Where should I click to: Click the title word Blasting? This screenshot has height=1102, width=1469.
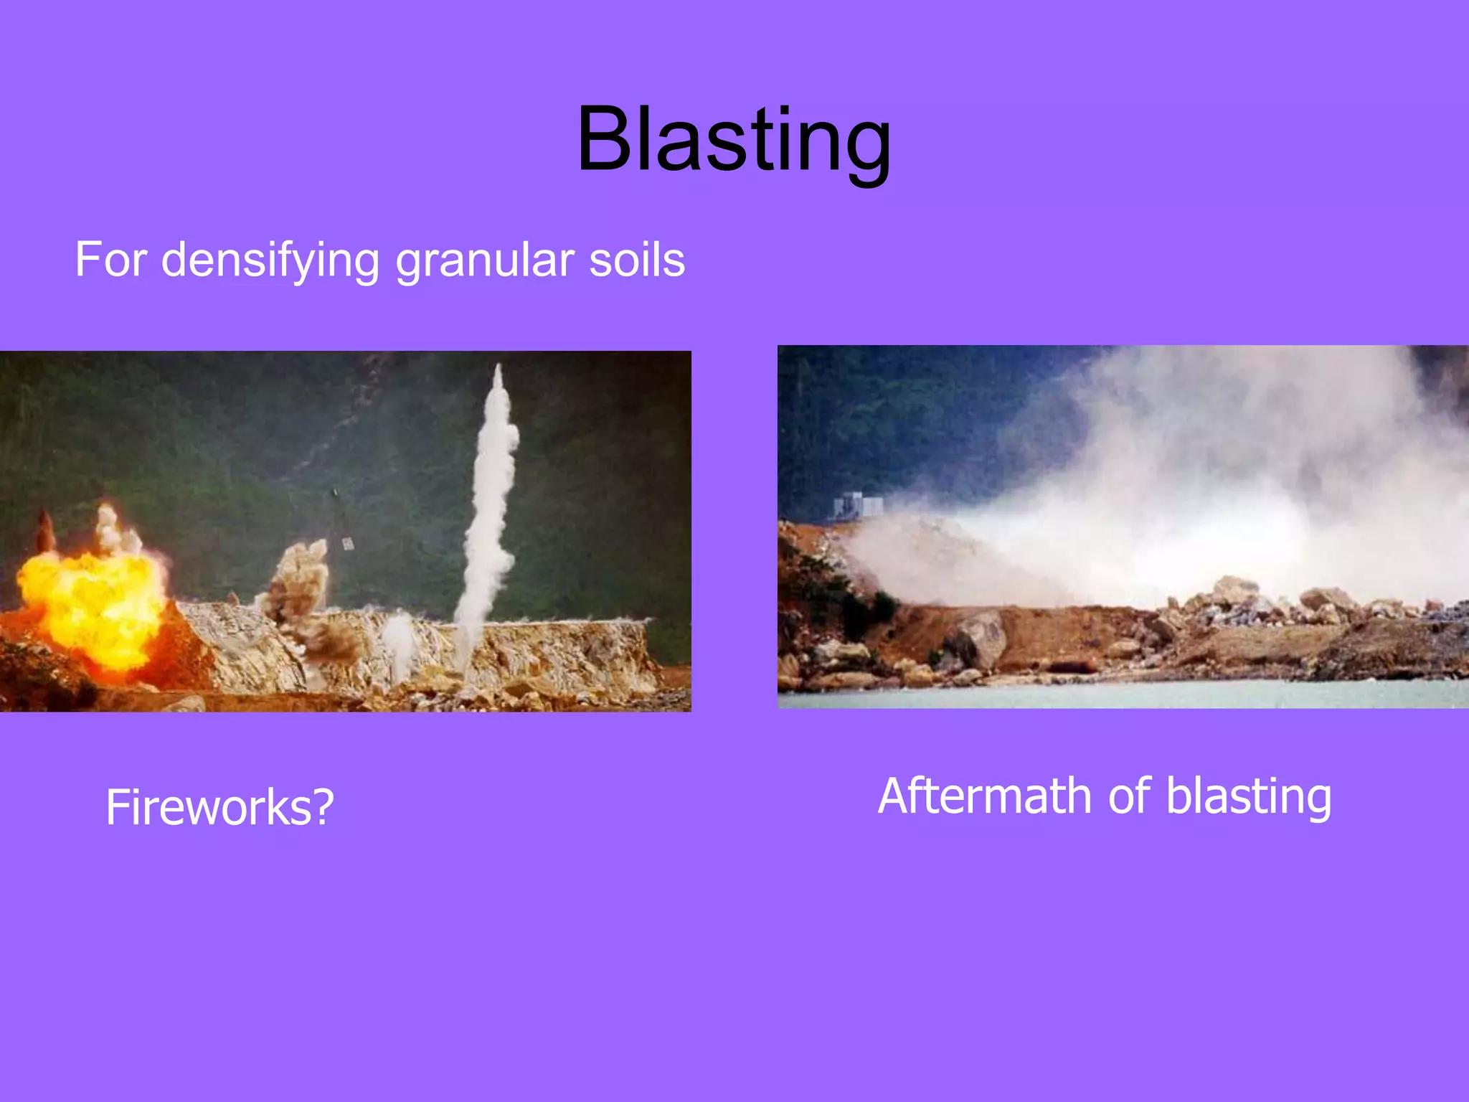coord(734,140)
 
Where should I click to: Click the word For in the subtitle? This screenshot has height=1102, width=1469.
coord(111,260)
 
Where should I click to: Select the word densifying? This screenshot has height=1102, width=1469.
coord(270,261)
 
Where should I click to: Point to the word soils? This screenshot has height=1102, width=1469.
coord(637,260)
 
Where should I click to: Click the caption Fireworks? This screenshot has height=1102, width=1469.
coord(219,808)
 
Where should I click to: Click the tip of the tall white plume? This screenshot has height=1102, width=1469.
coord(499,369)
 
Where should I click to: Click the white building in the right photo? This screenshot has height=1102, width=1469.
coord(857,506)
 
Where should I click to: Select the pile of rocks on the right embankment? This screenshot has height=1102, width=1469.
coord(1284,603)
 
